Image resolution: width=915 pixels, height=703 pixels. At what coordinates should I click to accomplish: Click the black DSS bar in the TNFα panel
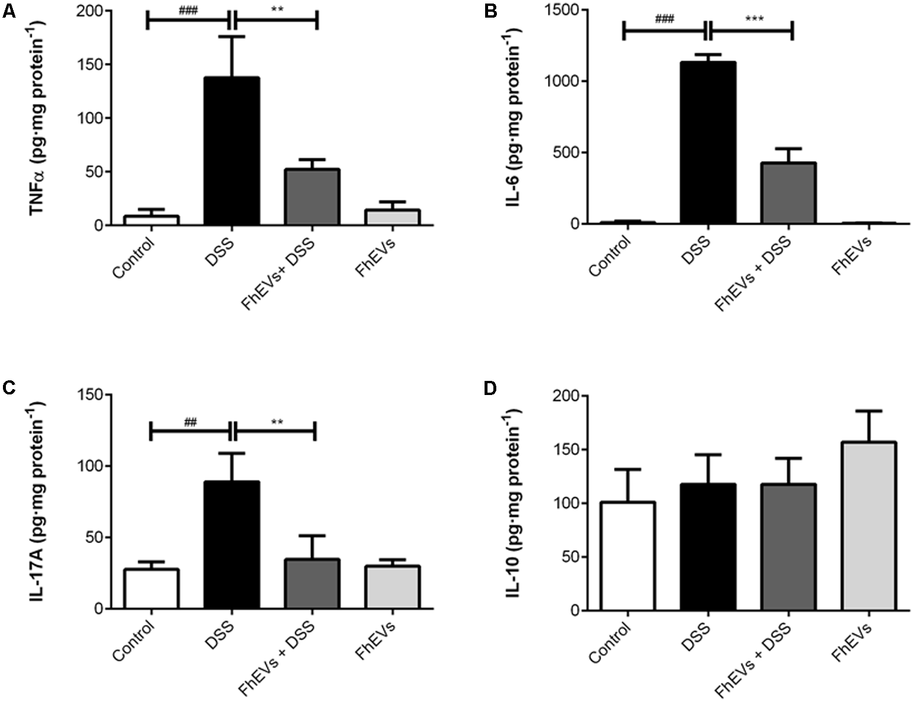(x=232, y=151)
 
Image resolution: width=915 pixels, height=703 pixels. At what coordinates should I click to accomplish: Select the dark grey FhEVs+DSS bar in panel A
(x=312, y=197)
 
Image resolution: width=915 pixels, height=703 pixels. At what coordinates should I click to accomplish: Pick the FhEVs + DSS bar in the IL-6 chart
(x=788, y=193)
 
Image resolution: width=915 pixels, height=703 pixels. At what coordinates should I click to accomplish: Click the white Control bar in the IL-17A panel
(x=152, y=588)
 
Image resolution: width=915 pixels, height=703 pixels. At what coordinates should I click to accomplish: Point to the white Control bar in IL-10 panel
(x=628, y=556)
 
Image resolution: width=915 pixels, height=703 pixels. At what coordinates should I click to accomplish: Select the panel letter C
(x=8, y=389)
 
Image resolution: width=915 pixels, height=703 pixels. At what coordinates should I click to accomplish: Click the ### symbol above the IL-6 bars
(x=664, y=19)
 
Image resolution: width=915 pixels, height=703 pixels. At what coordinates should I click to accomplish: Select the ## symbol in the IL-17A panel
(x=190, y=421)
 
